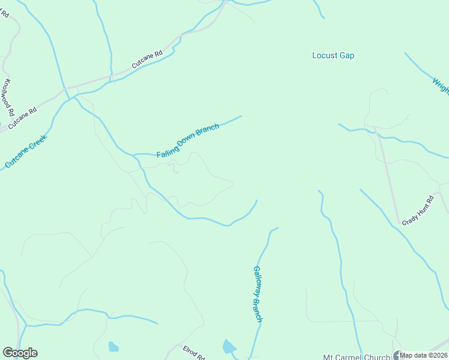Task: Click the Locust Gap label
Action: (x=333, y=56)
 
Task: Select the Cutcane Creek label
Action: (x=26, y=151)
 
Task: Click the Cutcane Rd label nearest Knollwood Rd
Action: (x=23, y=119)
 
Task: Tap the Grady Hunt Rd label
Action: (x=418, y=211)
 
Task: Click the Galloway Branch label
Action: (x=258, y=294)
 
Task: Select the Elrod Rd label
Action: (x=193, y=353)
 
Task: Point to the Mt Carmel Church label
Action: (x=357, y=356)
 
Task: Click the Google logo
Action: (x=20, y=353)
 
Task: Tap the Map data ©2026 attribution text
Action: (x=424, y=355)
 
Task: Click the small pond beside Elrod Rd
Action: (x=229, y=347)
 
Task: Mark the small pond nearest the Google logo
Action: (x=113, y=346)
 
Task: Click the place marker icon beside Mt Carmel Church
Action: (x=397, y=355)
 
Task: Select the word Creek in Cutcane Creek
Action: (x=37, y=142)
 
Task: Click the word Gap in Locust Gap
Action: (x=347, y=56)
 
